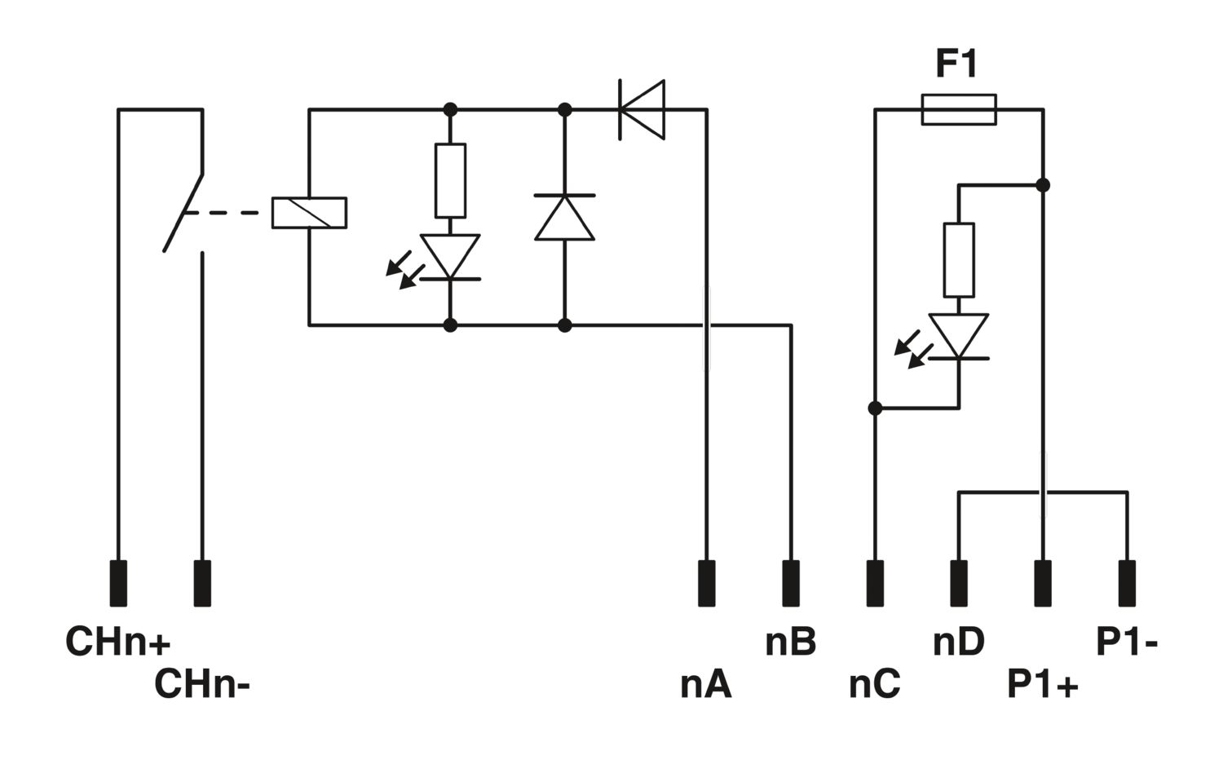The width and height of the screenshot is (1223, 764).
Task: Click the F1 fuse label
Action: click(956, 64)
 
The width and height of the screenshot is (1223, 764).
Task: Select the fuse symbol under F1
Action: click(959, 109)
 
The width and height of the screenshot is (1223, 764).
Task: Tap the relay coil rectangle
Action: click(309, 213)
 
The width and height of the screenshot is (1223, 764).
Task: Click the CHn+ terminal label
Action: click(118, 641)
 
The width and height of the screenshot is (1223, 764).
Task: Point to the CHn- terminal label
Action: click(202, 684)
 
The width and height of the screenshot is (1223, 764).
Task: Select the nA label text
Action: click(705, 685)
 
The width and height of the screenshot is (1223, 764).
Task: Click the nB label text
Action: click(791, 642)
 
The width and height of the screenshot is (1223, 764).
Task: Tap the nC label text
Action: click(875, 685)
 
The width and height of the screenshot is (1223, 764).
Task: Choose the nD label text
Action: click(959, 642)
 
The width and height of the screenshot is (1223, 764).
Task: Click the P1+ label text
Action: click(1043, 685)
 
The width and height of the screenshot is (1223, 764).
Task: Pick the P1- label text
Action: click(1127, 642)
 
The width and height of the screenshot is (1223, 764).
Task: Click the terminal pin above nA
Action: click(707, 583)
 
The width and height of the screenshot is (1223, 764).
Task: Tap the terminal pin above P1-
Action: click(1127, 583)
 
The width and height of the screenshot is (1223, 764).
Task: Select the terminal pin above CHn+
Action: click(118, 583)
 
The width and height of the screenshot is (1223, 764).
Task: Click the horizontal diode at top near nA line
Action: click(642, 110)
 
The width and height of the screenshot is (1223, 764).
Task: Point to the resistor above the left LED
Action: click(450, 181)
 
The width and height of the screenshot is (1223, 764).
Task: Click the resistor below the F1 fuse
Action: click(959, 260)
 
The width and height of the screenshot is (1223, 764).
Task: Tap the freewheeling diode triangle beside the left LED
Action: click(564, 218)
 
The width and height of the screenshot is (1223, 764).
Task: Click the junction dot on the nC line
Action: click(875, 408)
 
